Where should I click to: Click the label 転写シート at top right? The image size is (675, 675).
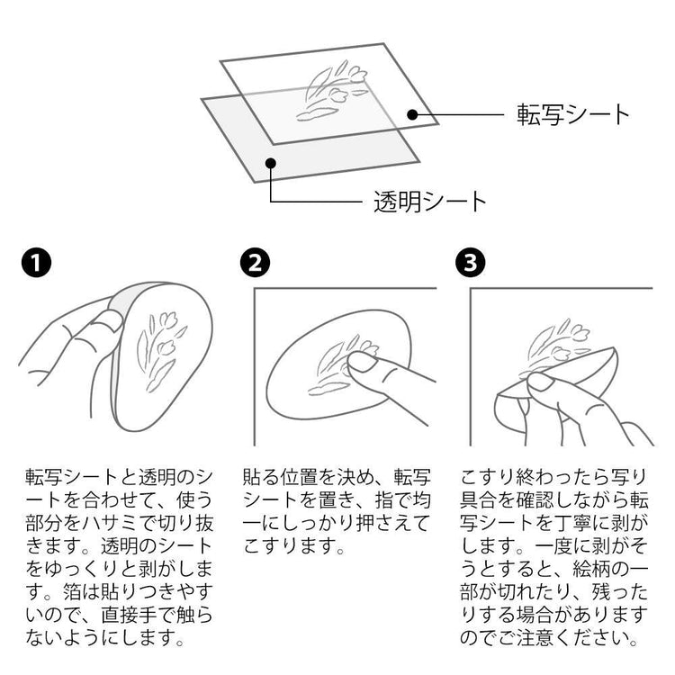(572, 115)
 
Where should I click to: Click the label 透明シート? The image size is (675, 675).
(429, 201)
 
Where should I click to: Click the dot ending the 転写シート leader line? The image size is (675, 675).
(412, 114)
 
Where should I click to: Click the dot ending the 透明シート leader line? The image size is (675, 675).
(270, 163)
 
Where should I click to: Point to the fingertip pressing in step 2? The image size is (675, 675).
(359, 362)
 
